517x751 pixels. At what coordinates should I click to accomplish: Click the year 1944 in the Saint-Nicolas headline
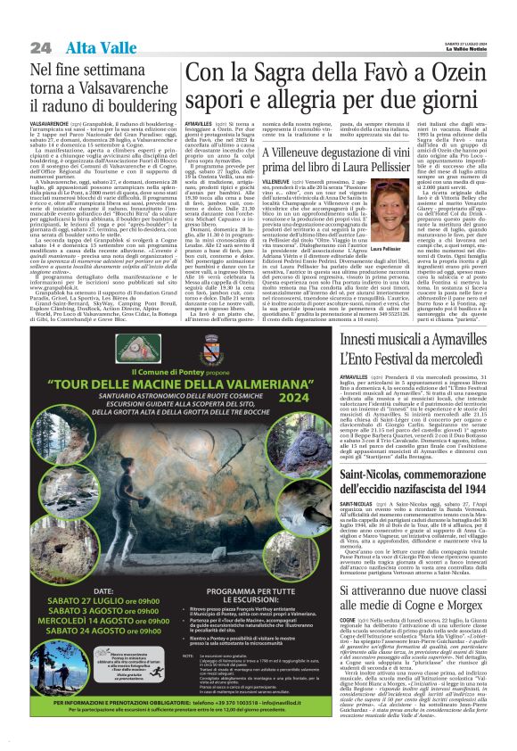point(482,491)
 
